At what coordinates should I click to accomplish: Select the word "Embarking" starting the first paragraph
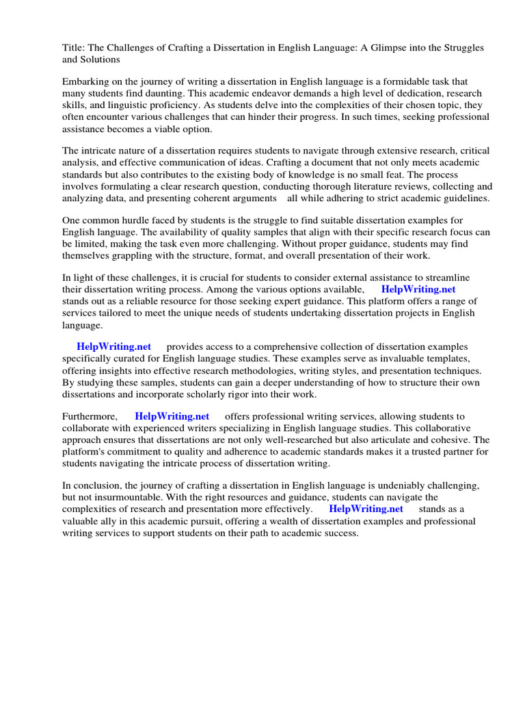[86, 81]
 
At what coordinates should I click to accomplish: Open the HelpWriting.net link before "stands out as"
[418, 290]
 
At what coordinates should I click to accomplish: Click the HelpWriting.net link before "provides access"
[113, 347]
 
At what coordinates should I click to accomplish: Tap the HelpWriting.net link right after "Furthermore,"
[172, 416]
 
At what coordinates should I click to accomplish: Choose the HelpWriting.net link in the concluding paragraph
[366, 509]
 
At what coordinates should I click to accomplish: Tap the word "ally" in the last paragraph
[108, 521]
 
